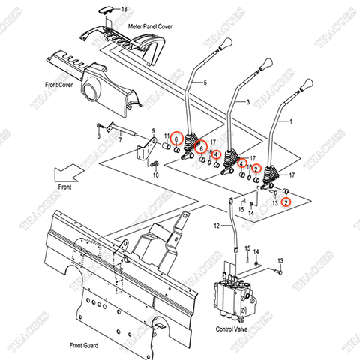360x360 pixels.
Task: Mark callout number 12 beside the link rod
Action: (x=216, y=226)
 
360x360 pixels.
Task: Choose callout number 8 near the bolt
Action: (x=97, y=137)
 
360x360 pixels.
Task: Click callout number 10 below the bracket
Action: (x=156, y=175)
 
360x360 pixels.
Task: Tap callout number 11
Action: (x=166, y=135)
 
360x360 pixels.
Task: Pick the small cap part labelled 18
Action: (x=105, y=9)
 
